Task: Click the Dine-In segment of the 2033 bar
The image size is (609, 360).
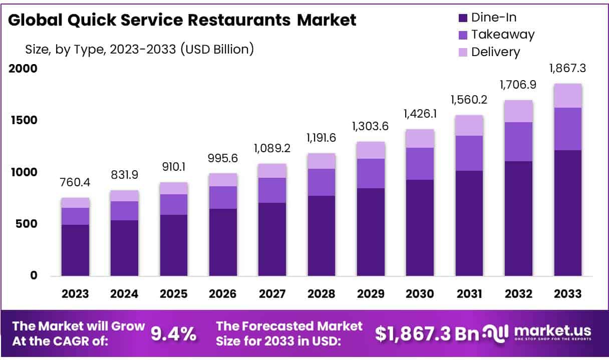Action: click(x=567, y=213)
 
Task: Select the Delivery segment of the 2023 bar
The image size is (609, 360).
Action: click(x=75, y=203)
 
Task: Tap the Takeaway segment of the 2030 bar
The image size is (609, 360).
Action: click(x=420, y=164)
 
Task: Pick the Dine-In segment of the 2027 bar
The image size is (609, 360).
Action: click(x=272, y=239)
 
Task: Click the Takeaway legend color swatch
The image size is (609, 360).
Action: click(x=463, y=35)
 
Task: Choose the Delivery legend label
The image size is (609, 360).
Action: click(x=495, y=52)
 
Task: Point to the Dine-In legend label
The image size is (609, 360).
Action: click(x=494, y=18)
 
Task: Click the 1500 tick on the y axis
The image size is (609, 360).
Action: click(x=24, y=120)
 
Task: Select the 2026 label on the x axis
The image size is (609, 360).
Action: click(x=223, y=294)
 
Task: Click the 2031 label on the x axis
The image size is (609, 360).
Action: click(x=469, y=294)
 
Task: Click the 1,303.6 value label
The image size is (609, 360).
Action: click(x=371, y=127)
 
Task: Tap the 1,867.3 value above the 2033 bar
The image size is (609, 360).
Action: click(x=567, y=69)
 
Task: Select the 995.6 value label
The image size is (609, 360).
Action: click(x=223, y=159)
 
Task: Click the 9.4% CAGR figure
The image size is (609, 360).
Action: click(x=174, y=334)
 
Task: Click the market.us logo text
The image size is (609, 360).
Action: click(x=552, y=330)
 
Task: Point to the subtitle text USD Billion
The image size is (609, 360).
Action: click(x=218, y=49)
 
